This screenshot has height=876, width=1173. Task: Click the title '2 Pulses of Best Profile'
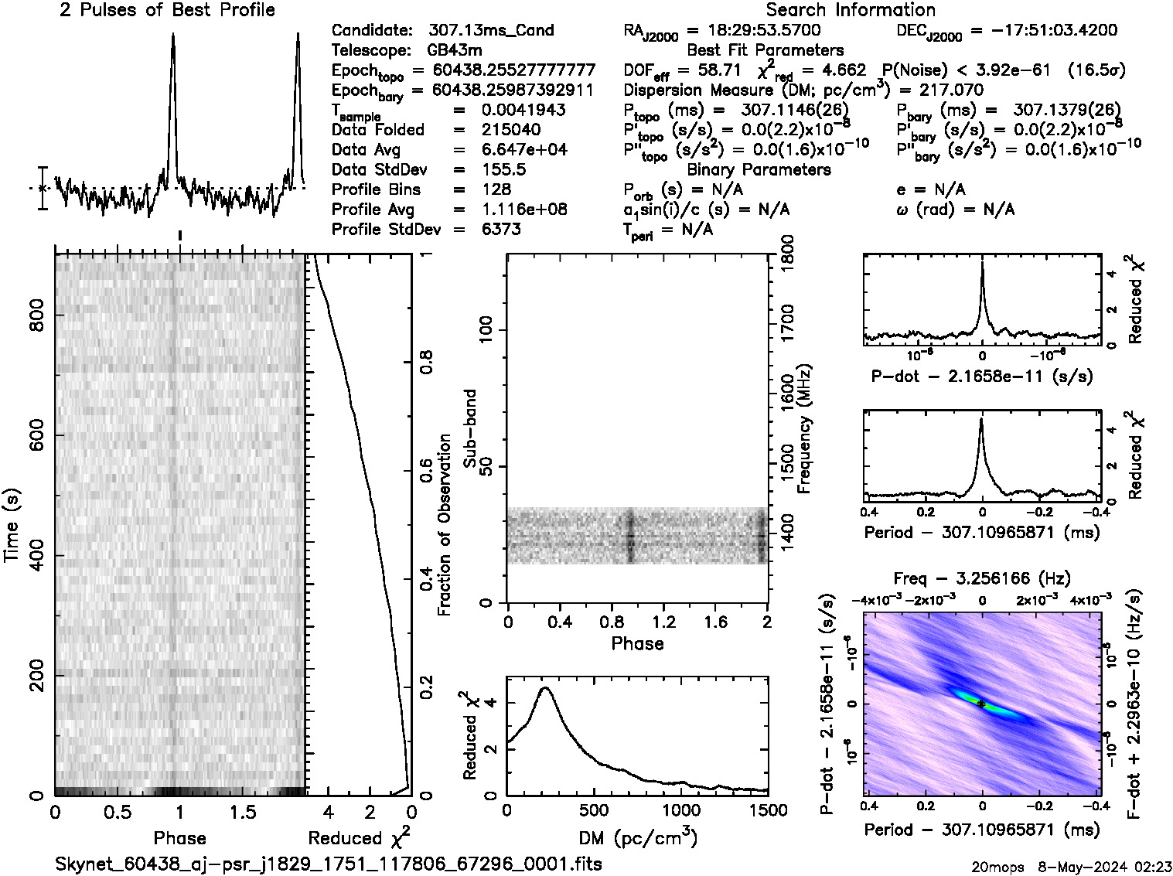click(167, 10)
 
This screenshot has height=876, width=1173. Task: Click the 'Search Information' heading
click(850, 10)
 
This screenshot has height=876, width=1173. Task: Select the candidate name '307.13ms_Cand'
click(491, 31)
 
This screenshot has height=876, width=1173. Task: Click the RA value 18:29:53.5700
click(754, 31)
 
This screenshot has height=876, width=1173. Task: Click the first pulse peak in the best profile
click(172, 35)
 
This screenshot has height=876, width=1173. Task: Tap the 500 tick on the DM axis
click(593, 810)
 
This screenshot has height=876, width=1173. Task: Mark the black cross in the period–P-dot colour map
click(981, 704)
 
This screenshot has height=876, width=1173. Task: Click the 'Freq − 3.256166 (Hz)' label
click(982, 578)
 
